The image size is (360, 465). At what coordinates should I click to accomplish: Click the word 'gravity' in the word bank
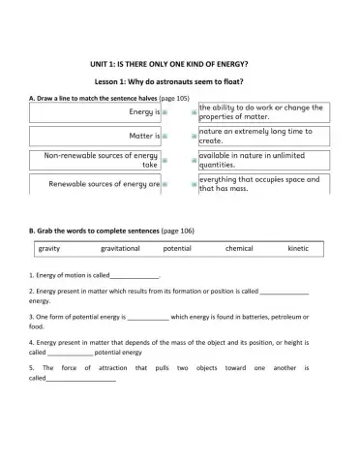49,249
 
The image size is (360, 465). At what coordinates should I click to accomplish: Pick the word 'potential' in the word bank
177,249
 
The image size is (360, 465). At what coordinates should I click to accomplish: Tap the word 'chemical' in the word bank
239,249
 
